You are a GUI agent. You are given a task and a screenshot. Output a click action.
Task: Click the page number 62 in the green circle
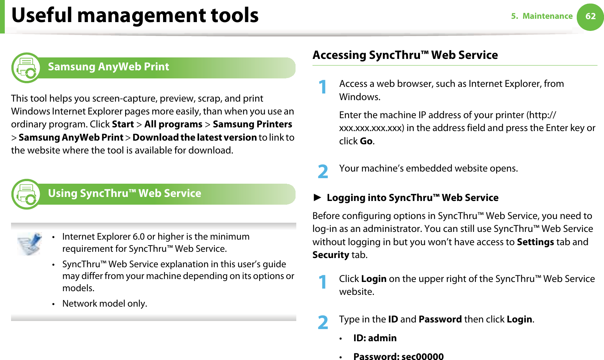(590, 16)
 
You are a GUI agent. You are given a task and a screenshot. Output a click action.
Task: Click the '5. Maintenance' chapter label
(542, 16)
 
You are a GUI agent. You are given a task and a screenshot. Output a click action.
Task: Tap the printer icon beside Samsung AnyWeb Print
(26, 68)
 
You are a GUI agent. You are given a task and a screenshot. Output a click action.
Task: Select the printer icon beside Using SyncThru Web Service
(26, 194)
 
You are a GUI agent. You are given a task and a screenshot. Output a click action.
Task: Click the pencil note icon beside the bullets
(30, 244)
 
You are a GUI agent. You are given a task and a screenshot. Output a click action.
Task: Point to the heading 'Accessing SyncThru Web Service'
(405, 55)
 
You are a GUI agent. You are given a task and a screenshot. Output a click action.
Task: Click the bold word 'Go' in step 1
(366, 141)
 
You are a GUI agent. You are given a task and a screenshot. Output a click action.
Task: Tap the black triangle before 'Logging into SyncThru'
(317, 198)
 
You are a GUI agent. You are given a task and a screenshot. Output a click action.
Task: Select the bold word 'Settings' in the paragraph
(535, 242)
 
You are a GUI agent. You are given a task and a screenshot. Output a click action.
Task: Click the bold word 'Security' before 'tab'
(331, 255)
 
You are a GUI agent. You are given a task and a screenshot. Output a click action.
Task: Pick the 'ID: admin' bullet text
(375, 338)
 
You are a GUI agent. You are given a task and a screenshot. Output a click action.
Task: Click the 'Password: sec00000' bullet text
(398, 356)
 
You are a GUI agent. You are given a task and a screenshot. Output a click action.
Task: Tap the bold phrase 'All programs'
(173, 124)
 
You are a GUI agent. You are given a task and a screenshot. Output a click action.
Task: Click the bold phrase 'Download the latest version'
(194, 138)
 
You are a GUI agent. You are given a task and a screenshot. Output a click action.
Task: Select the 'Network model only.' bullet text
(105, 304)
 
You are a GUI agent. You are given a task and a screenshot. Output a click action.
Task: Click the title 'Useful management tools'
(135, 15)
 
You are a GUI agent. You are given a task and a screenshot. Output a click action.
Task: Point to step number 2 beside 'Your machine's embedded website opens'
(323, 172)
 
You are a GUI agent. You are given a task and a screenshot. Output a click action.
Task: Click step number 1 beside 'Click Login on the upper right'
(323, 282)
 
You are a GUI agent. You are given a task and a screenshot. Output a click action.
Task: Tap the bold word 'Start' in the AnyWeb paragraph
(123, 124)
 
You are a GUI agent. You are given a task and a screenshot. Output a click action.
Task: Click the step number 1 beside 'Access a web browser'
(323, 87)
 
